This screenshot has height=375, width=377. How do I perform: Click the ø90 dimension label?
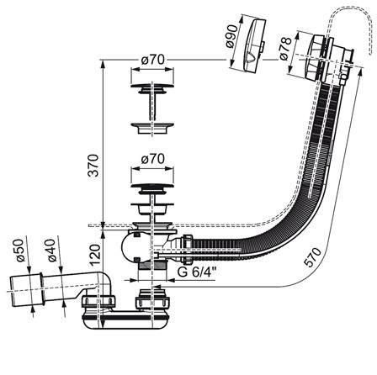click(231, 36)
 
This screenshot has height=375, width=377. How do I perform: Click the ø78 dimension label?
click(285, 49)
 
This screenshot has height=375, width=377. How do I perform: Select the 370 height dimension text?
click(93, 166)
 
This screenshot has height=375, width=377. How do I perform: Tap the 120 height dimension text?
click(95, 255)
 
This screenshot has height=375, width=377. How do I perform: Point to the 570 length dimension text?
click(313, 257)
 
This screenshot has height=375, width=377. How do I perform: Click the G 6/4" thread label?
click(197, 272)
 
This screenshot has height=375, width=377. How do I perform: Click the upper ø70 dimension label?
click(153, 60)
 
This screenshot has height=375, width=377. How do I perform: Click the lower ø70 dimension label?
click(153, 159)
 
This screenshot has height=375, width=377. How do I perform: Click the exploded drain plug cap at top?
click(152, 87)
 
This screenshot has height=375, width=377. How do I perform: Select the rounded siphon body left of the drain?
click(130, 246)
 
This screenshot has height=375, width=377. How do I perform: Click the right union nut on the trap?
click(153, 300)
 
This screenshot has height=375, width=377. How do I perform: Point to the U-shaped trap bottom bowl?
click(126, 321)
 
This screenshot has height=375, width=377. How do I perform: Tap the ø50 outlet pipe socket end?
click(27, 288)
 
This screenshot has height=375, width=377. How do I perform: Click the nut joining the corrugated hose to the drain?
click(188, 249)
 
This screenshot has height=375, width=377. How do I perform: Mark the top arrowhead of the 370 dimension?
click(103, 63)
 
